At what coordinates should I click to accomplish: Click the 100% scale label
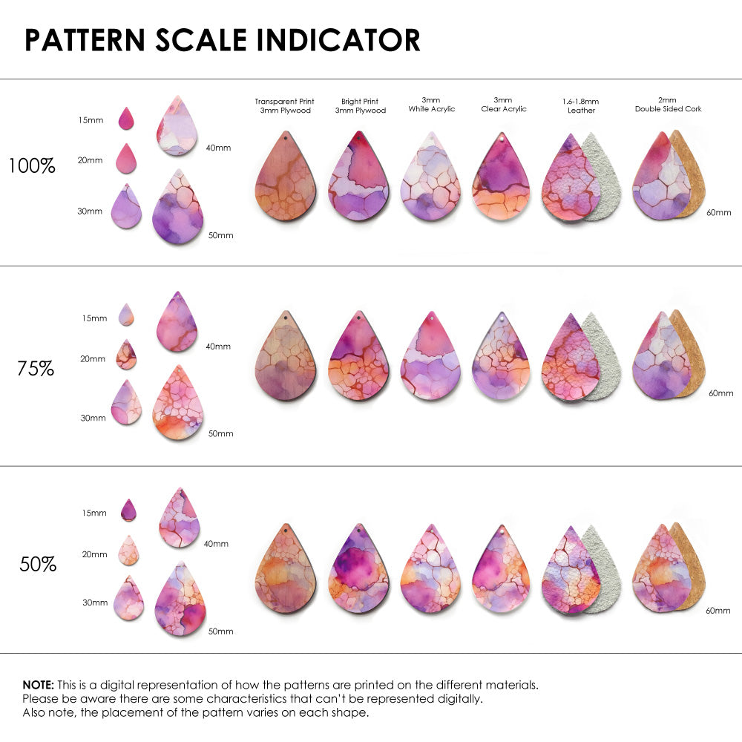pyautogui.click(x=32, y=166)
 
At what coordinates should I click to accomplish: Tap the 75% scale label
pyautogui.click(x=36, y=368)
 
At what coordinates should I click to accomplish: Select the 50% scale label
pyautogui.click(x=38, y=565)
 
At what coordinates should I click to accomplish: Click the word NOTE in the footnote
pyautogui.click(x=38, y=684)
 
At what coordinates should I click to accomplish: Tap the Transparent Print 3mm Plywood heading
pyautogui.click(x=284, y=105)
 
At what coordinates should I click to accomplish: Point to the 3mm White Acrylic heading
pyautogui.click(x=431, y=105)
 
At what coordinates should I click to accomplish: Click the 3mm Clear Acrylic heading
pyautogui.click(x=503, y=105)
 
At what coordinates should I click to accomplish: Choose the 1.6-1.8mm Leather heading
pyautogui.click(x=581, y=105)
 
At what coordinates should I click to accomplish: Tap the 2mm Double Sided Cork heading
pyautogui.click(x=668, y=105)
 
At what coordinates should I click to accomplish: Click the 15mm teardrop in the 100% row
pyautogui.click(x=126, y=119)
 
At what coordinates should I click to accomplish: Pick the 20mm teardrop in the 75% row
pyautogui.click(x=126, y=355)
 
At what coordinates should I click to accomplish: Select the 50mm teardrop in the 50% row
pyautogui.click(x=180, y=601)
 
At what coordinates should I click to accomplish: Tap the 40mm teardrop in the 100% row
pyautogui.click(x=177, y=126)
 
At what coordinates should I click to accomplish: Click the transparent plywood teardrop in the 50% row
pyautogui.click(x=285, y=570)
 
